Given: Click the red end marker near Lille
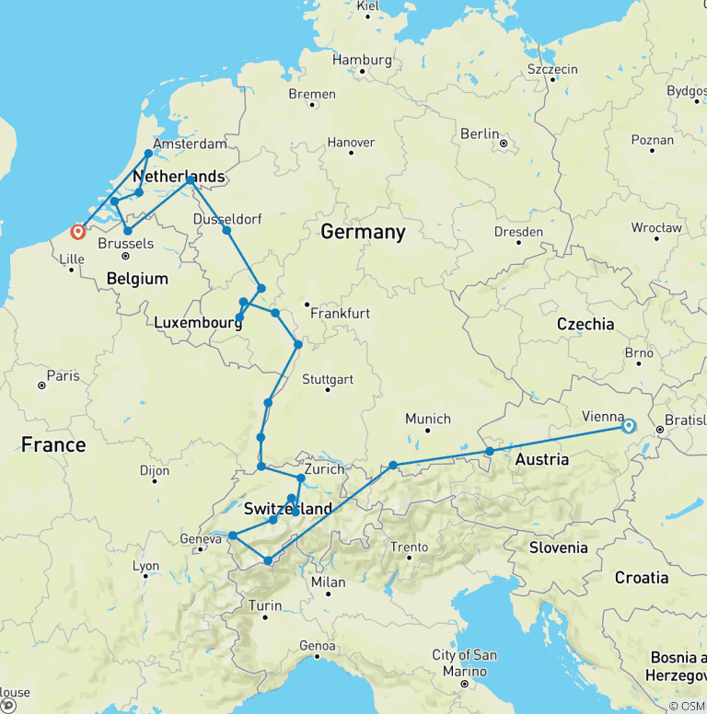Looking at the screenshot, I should [78, 232].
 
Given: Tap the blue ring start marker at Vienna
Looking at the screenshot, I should [629, 426].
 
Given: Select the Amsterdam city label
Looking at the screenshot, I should [190, 144].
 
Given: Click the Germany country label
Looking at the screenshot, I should [363, 232].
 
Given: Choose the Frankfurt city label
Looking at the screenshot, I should [340, 314].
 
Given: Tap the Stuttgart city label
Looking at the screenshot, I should [328, 379].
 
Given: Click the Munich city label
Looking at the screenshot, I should [428, 419].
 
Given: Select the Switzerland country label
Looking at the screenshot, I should [288, 509].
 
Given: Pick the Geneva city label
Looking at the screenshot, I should [201, 539].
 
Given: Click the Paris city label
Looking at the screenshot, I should [64, 375].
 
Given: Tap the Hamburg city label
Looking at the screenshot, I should [362, 60].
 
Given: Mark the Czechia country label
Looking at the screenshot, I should [585, 324].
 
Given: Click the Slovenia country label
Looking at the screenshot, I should [558, 547].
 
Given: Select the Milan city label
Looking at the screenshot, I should [328, 582].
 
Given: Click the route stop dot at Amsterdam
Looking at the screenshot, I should [148, 154].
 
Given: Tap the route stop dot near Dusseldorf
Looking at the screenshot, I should [226, 229].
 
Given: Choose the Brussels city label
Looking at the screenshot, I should [125, 244].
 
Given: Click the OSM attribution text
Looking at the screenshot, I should [686, 705].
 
